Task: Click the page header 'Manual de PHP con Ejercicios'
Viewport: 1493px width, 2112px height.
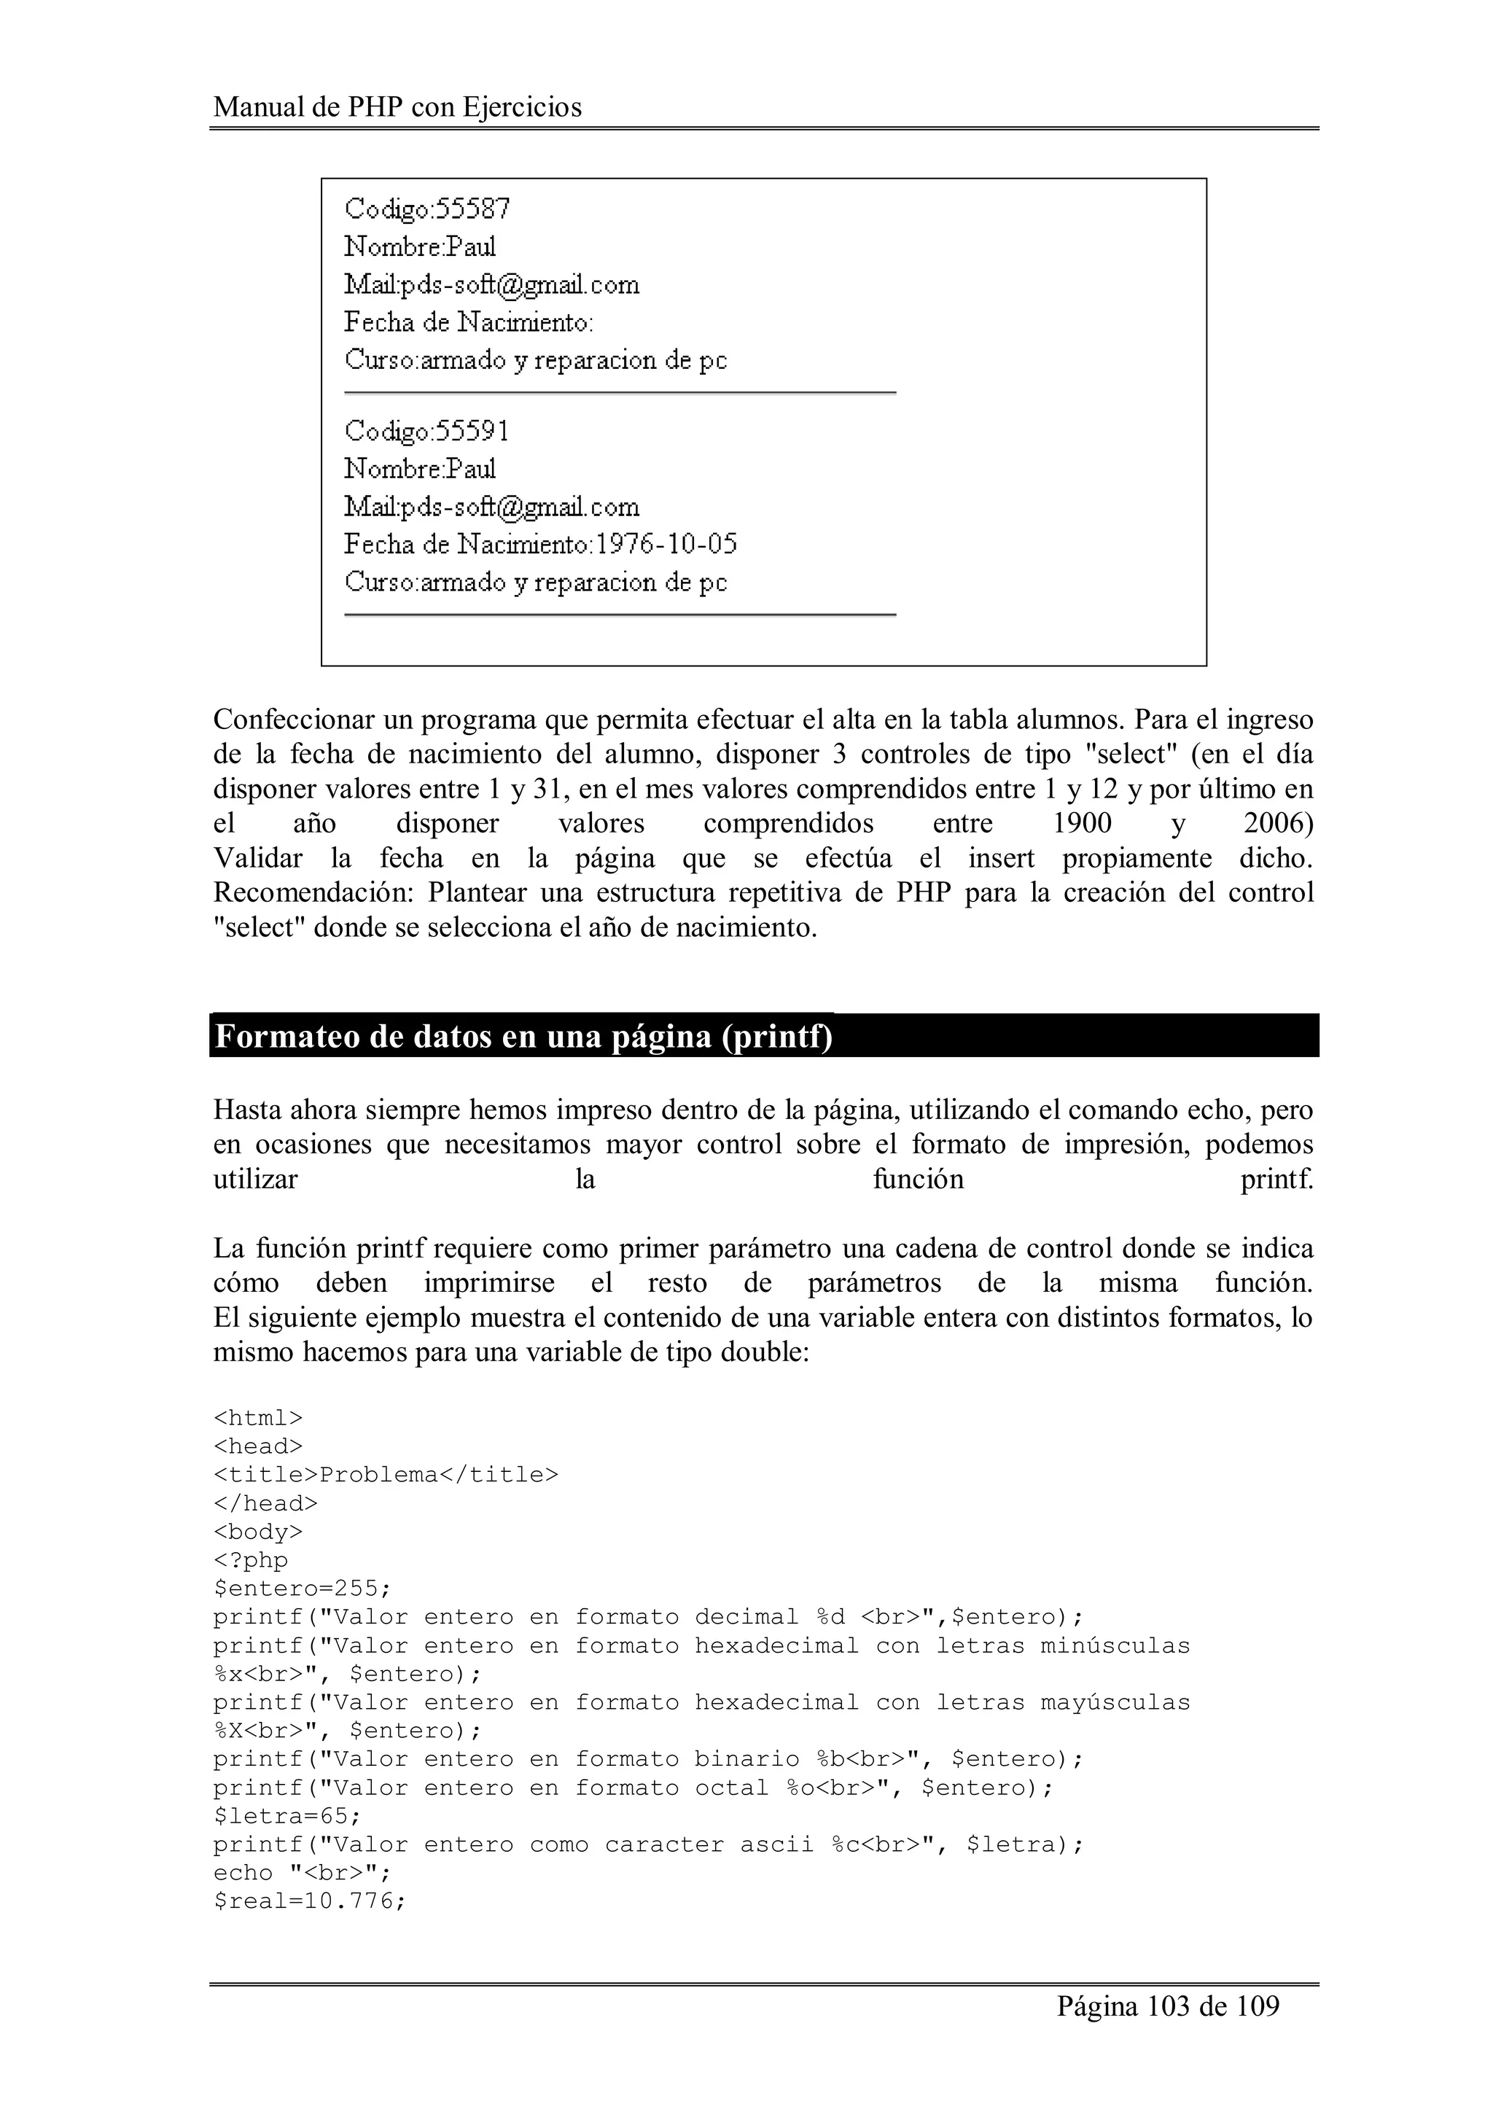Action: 397,108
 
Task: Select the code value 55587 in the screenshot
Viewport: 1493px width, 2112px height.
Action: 473,210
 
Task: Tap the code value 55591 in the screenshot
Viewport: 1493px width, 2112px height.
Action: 473,432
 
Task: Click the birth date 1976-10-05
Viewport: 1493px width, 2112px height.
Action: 666,545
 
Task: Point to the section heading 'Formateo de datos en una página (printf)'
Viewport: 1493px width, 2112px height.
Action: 523,1037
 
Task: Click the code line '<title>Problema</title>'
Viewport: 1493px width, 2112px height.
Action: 386,1475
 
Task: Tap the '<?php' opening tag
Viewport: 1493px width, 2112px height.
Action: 250,1560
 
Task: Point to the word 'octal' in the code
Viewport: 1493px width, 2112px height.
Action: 731,1788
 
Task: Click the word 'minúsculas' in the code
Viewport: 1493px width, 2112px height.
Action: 1115,1645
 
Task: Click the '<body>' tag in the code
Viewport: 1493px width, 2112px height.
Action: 257,1532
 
